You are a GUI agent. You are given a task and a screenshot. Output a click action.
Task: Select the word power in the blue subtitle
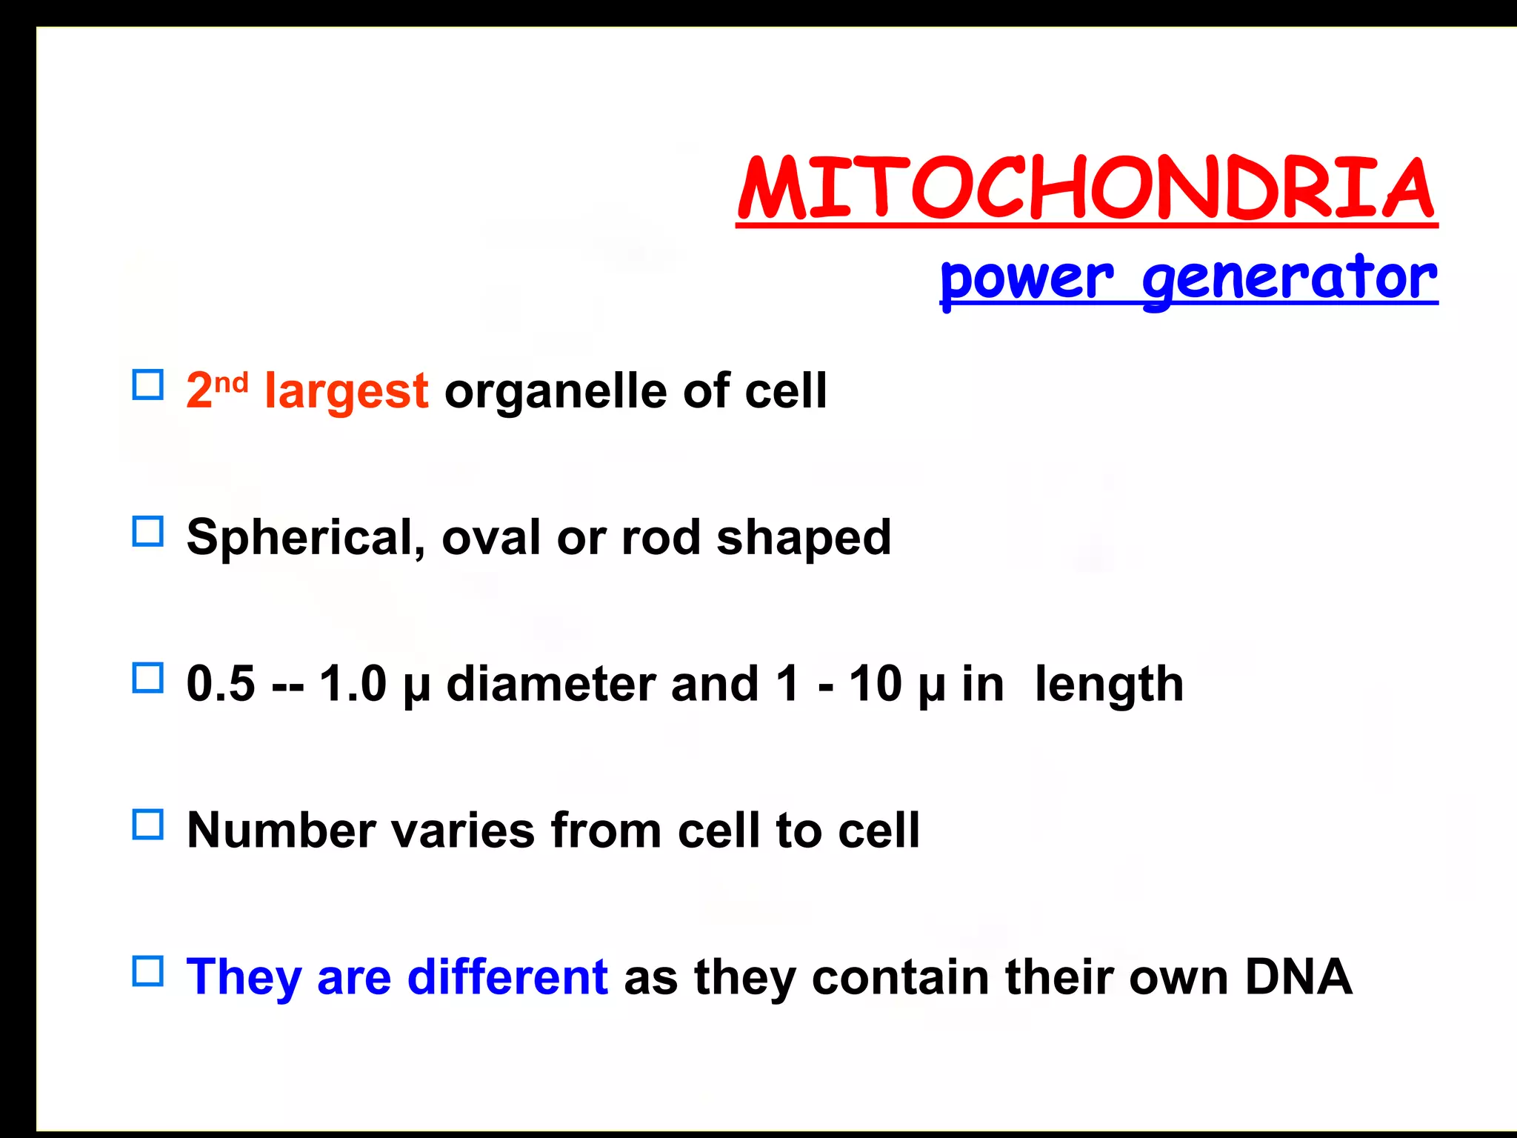pos(1026,280)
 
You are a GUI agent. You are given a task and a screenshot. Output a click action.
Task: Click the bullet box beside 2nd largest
pos(147,385)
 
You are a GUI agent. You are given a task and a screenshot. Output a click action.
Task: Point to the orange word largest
pos(346,391)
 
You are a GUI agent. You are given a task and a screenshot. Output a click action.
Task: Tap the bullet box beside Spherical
pos(147,531)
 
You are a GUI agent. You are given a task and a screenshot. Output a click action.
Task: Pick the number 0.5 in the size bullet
pos(221,683)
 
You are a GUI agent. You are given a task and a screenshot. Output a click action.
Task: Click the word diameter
pos(550,683)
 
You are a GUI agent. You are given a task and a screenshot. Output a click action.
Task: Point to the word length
pos(1108,683)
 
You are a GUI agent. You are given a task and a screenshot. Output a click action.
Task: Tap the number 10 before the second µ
pos(875,683)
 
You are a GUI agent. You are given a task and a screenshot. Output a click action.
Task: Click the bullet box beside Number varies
pos(147,824)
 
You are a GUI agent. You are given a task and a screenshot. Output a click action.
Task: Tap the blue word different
pos(507,976)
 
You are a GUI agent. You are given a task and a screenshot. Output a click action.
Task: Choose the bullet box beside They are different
pos(147,971)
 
